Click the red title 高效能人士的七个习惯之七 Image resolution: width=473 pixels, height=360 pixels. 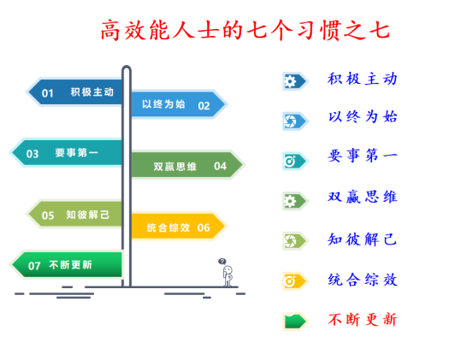coord(245,30)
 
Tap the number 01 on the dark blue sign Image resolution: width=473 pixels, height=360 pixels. coord(48,93)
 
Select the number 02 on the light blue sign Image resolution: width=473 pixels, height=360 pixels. coord(204,106)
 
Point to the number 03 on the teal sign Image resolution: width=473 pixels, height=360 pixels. coord(33,154)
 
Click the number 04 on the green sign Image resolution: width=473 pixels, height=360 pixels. coord(220,166)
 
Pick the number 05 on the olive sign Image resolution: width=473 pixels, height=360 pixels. coord(48,215)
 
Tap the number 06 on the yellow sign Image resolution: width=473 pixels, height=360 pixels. coord(204,227)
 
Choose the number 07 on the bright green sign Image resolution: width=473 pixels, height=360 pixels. coord(34,266)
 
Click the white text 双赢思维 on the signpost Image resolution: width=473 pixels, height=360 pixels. coord(175,167)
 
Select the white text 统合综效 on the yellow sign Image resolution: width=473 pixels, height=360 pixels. coord(169,227)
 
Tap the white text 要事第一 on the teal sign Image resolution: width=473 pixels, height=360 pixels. coord(77,152)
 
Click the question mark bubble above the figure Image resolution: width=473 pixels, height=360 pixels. coord(222,262)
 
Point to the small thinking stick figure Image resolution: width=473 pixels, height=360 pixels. coord(228,276)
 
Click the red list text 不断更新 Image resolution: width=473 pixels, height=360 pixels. coord(363,320)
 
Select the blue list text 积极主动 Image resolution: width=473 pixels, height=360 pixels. coord(363,79)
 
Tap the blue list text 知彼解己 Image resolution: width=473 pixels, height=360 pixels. coord(363,239)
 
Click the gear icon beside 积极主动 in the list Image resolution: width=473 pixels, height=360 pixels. coord(290,81)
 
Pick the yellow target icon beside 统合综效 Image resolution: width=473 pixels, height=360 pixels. coord(290,281)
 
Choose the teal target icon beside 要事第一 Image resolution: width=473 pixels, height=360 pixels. coord(290,162)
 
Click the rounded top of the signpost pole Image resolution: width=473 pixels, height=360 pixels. coord(127,68)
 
